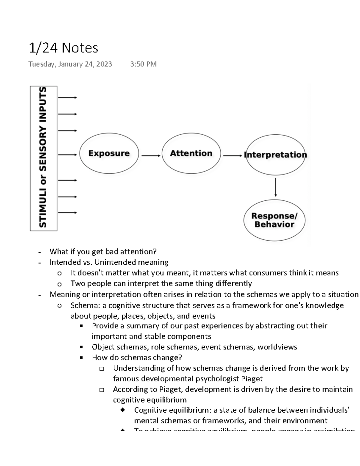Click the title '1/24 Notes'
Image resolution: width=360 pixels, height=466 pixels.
(63, 48)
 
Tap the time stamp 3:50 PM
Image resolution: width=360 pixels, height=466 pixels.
(143, 64)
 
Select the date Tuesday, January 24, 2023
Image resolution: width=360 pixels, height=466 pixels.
(70, 64)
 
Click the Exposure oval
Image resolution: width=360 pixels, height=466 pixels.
(109, 153)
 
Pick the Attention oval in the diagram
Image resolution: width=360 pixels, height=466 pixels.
(191, 153)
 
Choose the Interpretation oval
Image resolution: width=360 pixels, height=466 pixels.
(275, 155)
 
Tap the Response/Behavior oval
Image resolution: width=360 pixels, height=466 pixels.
(274, 220)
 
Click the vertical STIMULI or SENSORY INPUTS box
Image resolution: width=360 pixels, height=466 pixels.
(43, 158)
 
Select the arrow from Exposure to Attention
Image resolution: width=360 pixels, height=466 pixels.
(151, 156)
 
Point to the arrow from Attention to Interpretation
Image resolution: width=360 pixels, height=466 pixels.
(232, 156)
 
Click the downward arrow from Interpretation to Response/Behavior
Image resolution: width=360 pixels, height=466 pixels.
(275, 187)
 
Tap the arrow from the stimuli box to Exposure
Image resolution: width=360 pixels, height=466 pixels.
(67, 155)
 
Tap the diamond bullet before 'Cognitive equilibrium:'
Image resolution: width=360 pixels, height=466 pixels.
(122, 410)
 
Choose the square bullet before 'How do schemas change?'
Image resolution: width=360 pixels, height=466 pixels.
(81, 358)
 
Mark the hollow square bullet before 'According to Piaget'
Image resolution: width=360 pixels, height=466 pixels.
(101, 390)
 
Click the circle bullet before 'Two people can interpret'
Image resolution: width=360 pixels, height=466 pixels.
(59, 284)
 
